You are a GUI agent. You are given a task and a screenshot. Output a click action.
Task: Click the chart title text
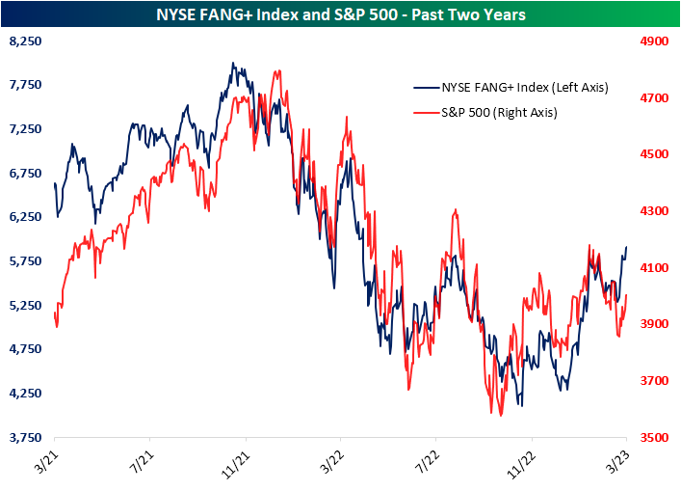click(x=340, y=15)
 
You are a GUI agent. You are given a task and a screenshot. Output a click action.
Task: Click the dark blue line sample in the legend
click(x=427, y=88)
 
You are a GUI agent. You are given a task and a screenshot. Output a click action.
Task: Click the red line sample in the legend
click(x=427, y=112)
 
